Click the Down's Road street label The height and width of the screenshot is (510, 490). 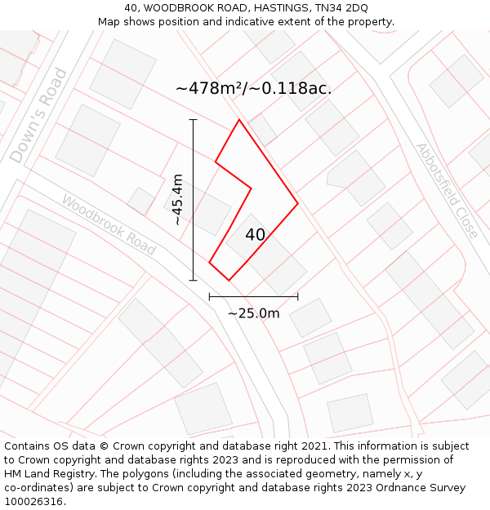38,115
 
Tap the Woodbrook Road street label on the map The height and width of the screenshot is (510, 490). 109,224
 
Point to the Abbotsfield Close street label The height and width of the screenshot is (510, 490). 447,190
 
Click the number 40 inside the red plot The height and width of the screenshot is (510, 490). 255,235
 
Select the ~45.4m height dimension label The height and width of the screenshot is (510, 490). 177,200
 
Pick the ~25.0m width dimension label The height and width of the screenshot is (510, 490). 253,313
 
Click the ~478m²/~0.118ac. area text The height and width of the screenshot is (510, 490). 253,88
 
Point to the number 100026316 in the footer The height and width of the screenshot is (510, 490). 33,502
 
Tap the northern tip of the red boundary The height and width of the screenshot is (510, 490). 239,121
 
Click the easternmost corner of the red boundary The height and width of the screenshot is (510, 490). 297,202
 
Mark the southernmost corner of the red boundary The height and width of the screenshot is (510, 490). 229,280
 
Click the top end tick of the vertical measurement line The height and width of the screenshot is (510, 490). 194,120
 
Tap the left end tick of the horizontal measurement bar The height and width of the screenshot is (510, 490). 210,296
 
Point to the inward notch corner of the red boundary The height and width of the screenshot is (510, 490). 251,188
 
